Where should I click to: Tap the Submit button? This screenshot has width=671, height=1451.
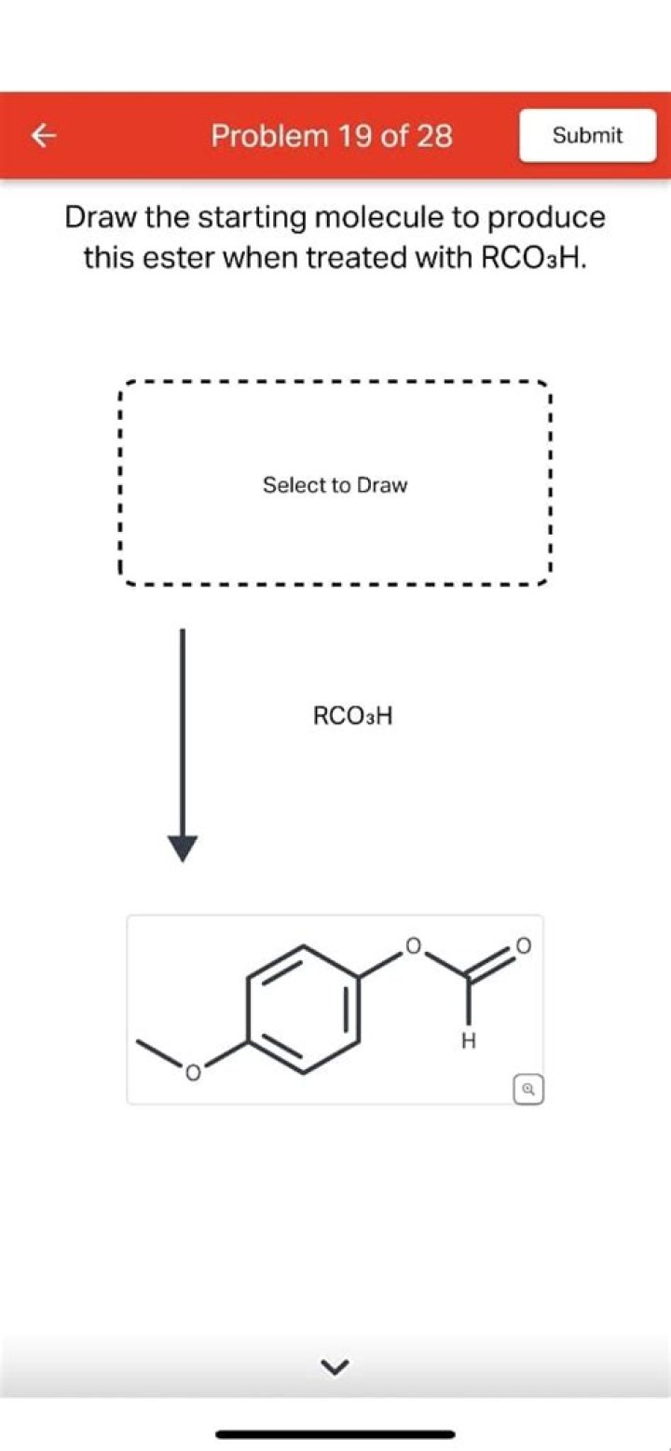(x=587, y=135)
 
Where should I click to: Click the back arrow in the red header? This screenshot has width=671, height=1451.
(x=44, y=136)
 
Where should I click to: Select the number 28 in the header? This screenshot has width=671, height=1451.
(x=432, y=136)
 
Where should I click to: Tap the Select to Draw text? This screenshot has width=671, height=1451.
(x=335, y=484)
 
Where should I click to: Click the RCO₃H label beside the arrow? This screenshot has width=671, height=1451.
(x=352, y=716)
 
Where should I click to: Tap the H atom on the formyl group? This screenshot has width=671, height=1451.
(x=468, y=1041)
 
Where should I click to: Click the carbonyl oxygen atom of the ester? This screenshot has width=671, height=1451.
(x=523, y=945)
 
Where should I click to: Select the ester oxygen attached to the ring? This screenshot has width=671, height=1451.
(x=413, y=945)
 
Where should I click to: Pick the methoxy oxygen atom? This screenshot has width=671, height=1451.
(x=192, y=1073)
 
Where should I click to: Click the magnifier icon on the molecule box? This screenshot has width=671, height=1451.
(x=529, y=1090)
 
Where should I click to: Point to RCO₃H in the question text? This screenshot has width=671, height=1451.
(x=533, y=257)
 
